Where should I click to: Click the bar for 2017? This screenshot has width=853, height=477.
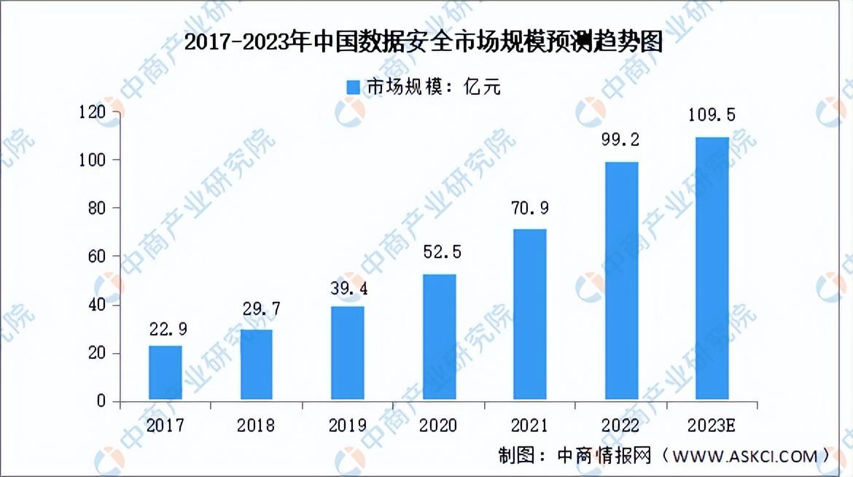165,373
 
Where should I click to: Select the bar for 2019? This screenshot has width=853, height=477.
348,354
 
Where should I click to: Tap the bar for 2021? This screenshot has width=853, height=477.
530,315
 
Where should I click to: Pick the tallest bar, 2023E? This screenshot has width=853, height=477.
712,269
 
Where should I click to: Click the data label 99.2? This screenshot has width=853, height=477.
620,140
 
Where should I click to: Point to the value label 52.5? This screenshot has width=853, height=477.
443,252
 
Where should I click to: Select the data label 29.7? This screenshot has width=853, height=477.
262,309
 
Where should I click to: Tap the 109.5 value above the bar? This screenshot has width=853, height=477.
712,115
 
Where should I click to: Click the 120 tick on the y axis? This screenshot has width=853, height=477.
92,112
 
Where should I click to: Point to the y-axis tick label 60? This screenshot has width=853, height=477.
97,257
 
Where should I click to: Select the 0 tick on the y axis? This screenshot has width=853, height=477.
101,401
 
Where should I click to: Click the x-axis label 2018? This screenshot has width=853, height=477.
256,425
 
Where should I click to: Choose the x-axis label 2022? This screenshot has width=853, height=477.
620,425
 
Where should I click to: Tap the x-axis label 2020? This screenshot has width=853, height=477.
438,425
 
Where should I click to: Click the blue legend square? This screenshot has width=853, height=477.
354,87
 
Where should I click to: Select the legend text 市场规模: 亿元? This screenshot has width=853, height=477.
434,87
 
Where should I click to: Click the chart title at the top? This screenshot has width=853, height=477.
424,42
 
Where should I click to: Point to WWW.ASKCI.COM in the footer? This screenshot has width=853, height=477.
745,457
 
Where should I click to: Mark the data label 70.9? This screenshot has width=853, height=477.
530,208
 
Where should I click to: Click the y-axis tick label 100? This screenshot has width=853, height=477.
92,160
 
